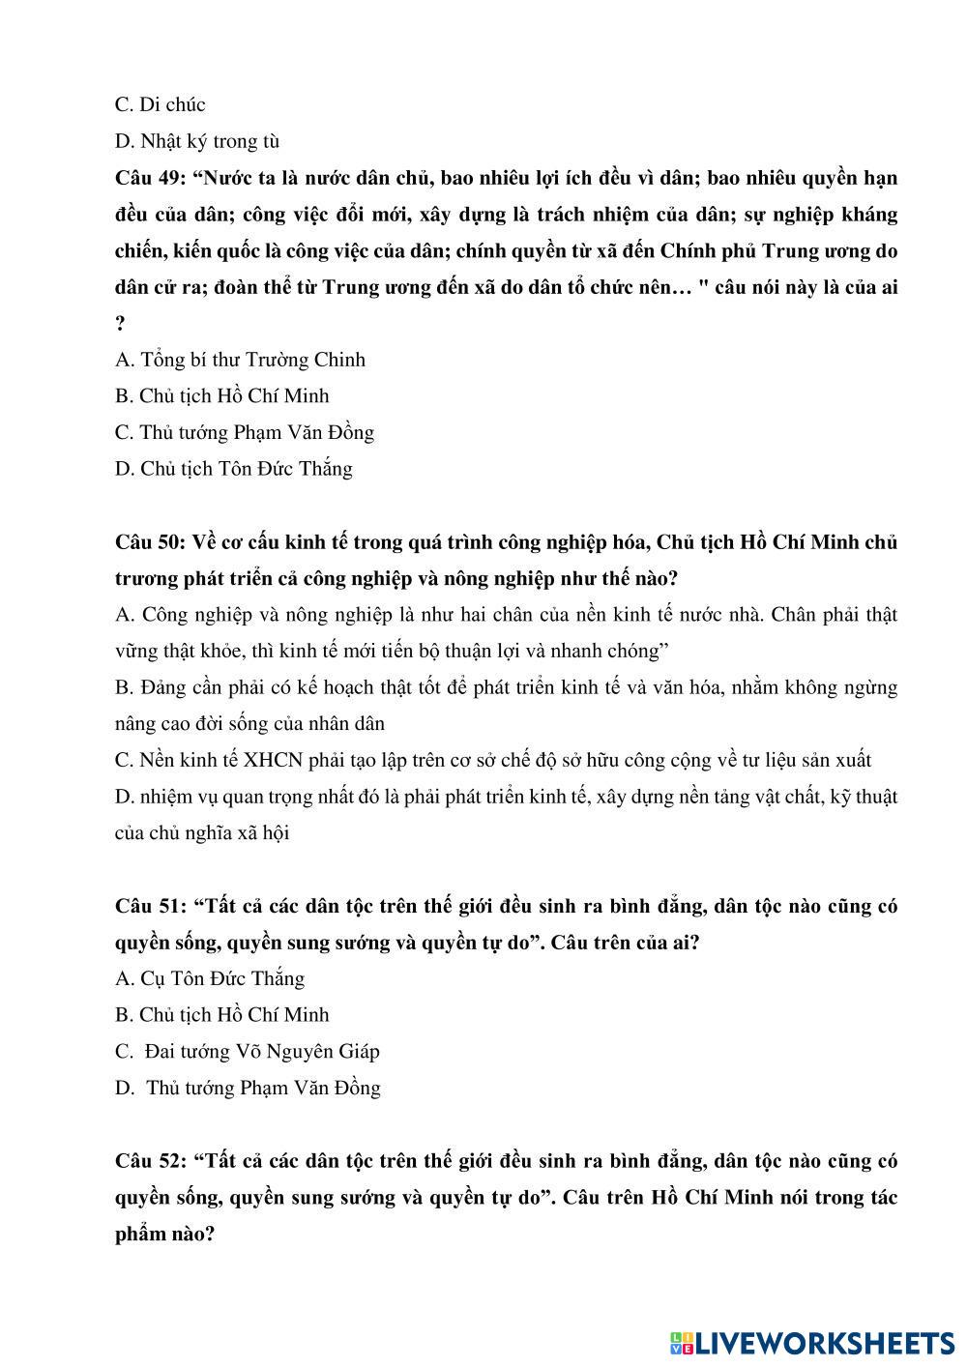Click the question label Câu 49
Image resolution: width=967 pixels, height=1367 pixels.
150,178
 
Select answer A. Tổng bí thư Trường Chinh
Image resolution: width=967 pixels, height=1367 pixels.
240,360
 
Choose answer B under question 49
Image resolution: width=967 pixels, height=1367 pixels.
221,395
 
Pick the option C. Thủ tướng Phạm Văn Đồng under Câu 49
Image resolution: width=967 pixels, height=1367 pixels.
244,432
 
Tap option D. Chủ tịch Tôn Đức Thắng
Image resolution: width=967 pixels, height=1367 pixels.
233,469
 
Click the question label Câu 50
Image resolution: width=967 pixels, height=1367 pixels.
150,541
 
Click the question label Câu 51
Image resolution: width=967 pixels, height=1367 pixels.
150,906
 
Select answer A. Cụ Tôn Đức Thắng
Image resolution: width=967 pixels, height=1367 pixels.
209,978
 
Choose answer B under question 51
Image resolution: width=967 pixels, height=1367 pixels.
221,1015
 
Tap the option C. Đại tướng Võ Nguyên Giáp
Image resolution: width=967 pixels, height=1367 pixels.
247,1051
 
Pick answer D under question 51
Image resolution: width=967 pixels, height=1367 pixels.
248,1088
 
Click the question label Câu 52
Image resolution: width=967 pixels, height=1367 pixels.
150,1160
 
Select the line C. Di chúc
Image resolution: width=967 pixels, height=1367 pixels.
160,104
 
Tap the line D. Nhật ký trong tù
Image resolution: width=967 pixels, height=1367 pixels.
197,141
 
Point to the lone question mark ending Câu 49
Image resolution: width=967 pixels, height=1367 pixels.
120,324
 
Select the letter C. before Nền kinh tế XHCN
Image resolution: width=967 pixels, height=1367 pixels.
123,760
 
